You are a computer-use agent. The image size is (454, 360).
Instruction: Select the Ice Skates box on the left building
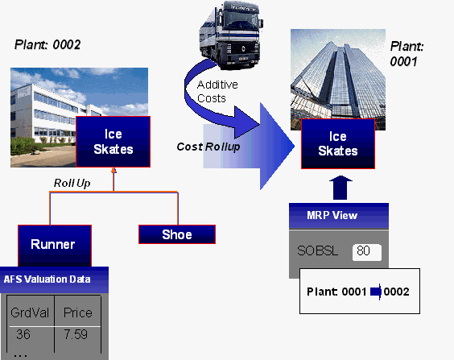tap(113, 142)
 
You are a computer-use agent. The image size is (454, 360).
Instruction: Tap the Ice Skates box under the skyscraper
tap(338, 144)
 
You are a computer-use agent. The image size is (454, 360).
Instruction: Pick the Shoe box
tap(177, 234)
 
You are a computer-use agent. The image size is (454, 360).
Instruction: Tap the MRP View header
tap(338, 215)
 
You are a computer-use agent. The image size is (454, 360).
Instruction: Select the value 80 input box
tap(365, 251)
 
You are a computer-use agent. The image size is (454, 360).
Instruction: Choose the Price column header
tap(77, 312)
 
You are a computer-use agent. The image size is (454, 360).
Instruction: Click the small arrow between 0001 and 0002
tap(375, 290)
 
